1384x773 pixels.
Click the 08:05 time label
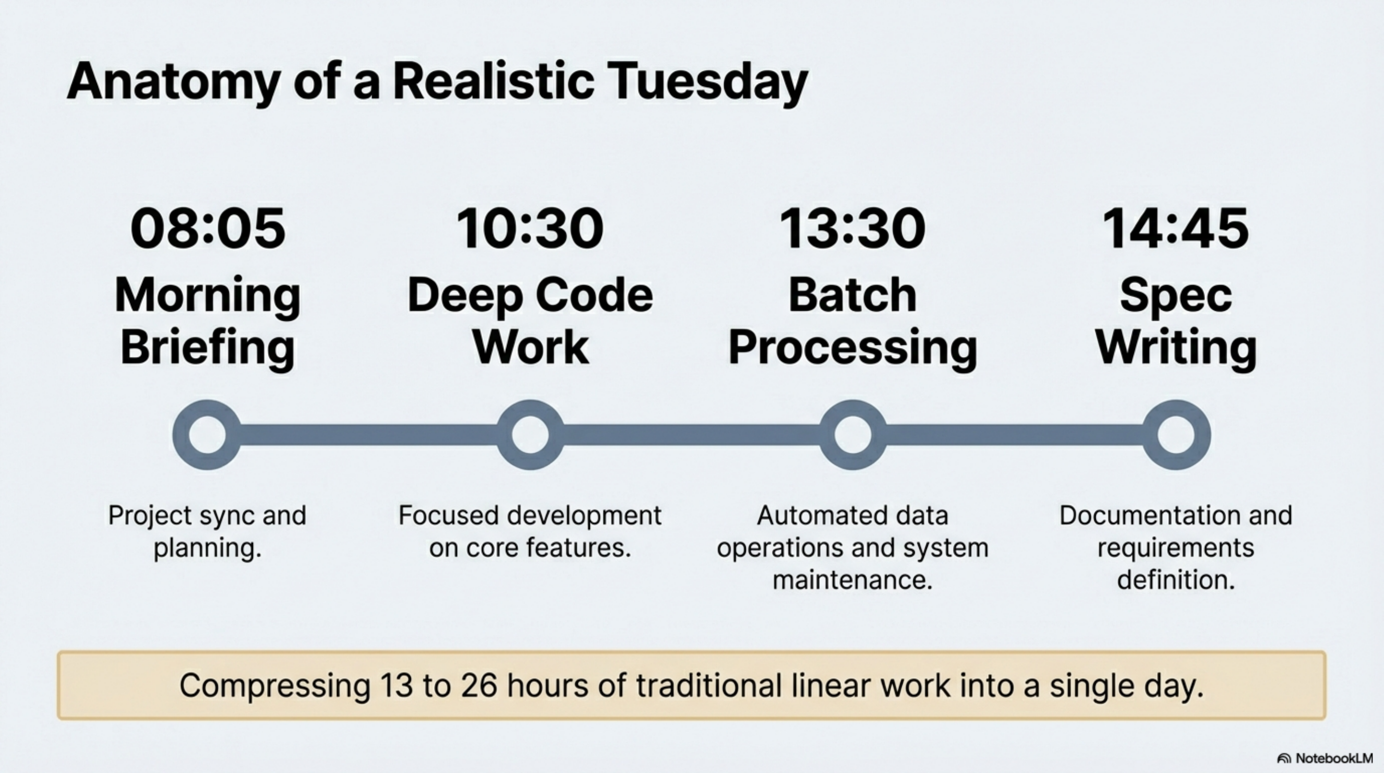point(208,229)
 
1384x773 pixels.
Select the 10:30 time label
point(530,229)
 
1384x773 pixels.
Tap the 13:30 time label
point(852,229)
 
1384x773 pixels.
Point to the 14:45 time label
point(1175,229)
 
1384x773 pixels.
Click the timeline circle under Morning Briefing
point(207,434)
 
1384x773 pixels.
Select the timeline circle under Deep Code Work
point(530,434)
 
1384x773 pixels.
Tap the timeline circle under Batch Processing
point(853,434)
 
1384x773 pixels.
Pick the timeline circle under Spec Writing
point(1176,434)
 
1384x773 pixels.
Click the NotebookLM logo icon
point(1284,759)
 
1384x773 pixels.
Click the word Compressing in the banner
point(275,686)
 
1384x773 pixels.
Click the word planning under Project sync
point(207,548)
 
